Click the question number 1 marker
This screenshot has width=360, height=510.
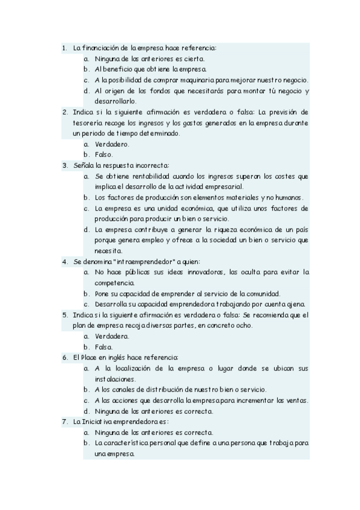pyautogui.click(x=64, y=48)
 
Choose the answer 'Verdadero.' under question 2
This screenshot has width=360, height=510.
pyautogui.click(x=112, y=144)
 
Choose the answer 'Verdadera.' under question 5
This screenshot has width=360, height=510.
pyautogui.click(x=112, y=336)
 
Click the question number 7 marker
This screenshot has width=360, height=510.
pyautogui.click(x=64, y=422)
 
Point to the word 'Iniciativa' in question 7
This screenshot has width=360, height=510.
pyautogui.click(x=94, y=422)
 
